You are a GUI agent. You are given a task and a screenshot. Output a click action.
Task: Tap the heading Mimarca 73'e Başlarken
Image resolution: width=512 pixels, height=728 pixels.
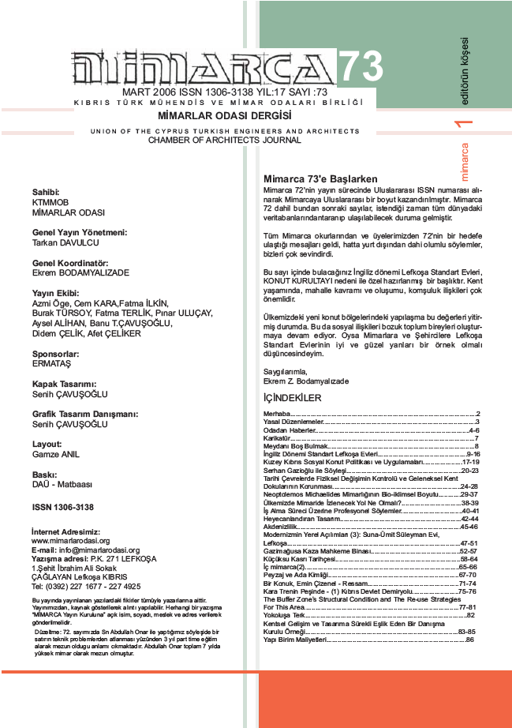point(320,179)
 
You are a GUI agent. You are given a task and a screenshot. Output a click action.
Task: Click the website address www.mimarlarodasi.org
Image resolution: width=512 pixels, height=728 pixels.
point(70,541)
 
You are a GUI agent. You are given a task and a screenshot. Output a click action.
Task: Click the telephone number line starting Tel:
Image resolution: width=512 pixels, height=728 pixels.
point(86,587)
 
